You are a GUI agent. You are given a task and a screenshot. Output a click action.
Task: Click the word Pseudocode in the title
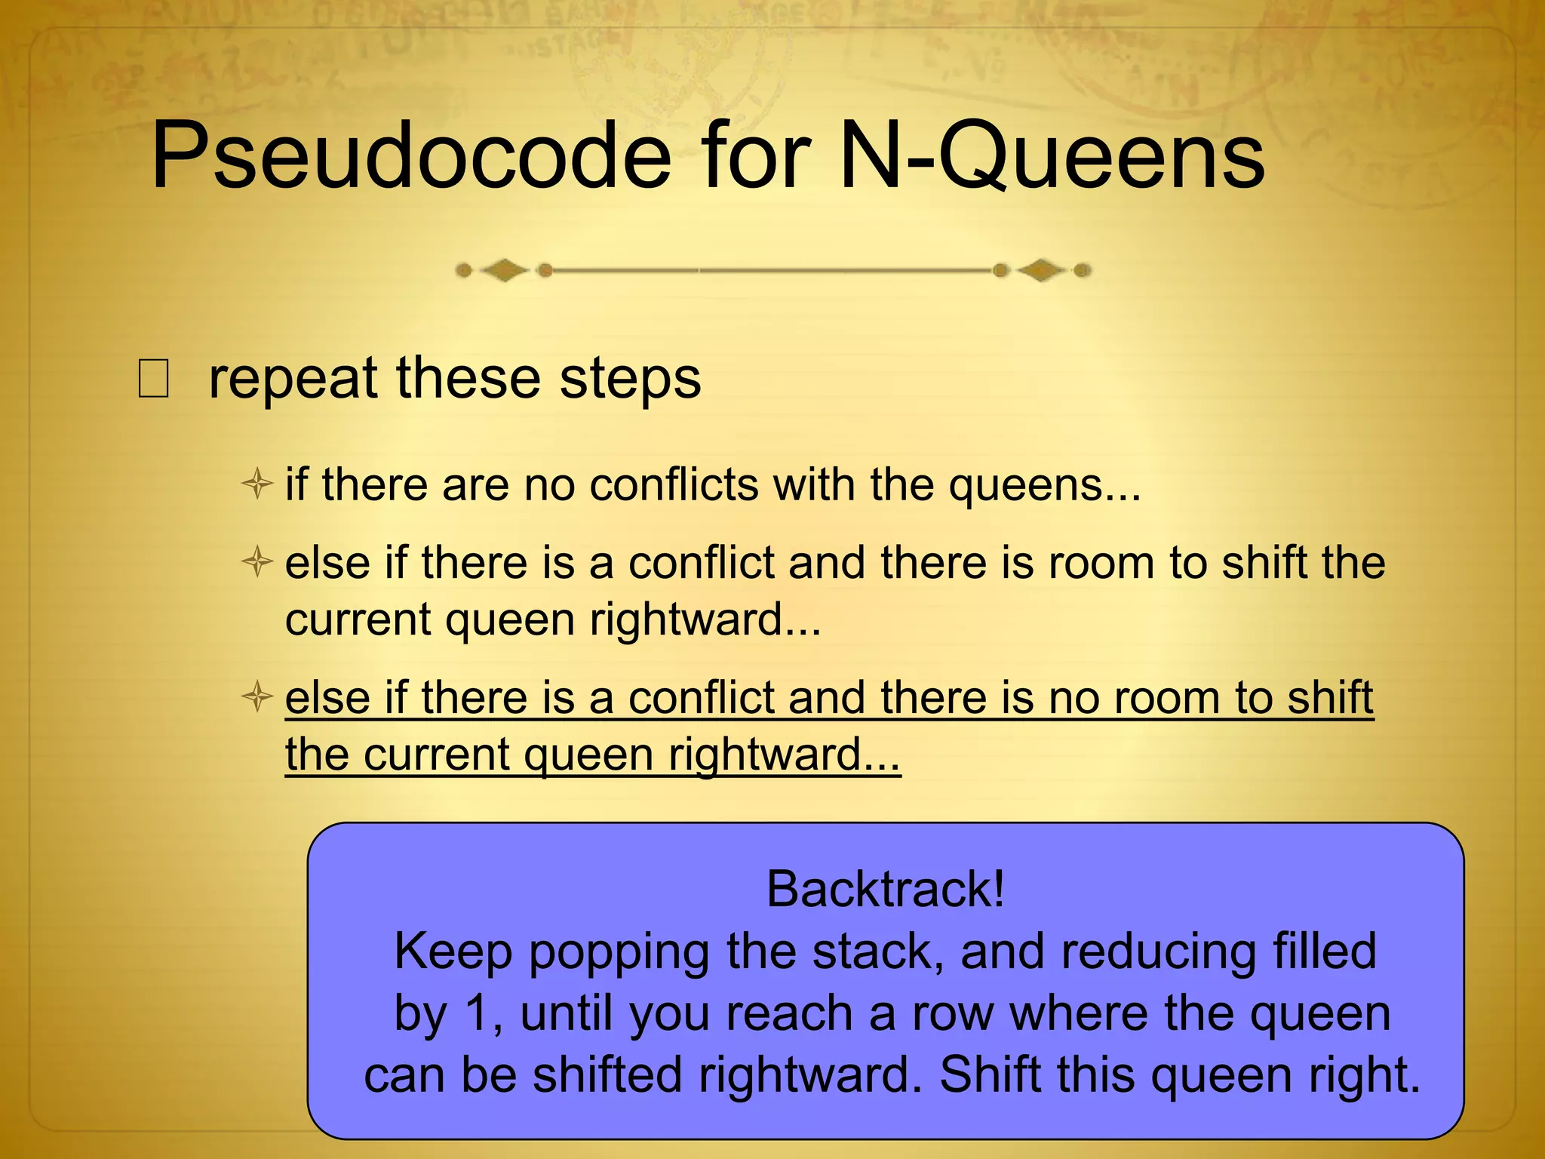(x=411, y=158)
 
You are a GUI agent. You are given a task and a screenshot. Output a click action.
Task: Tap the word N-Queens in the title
(x=1052, y=158)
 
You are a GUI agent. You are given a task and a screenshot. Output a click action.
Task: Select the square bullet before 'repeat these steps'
(x=153, y=379)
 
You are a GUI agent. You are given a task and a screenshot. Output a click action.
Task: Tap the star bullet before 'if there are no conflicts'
(x=257, y=484)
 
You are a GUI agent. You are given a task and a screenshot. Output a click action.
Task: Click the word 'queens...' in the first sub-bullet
(x=1045, y=486)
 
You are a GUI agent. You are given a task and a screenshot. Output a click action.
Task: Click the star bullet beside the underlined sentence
(x=257, y=696)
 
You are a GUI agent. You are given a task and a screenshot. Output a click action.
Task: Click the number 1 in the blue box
(x=481, y=1013)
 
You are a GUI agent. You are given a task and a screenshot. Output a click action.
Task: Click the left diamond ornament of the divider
(x=504, y=270)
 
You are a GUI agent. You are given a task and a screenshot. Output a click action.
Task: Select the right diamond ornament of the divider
(x=1041, y=270)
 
